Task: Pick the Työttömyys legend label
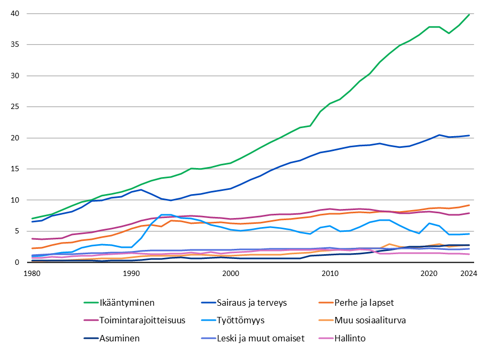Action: coord(240,320)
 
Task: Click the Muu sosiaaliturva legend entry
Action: coord(373,320)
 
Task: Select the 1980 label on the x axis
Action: coord(32,273)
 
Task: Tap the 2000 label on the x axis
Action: coord(231,273)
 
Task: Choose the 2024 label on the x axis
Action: coord(468,273)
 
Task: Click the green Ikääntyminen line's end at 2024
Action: coord(469,14)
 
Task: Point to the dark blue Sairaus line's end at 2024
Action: coord(469,136)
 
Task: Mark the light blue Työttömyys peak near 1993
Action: coord(166,215)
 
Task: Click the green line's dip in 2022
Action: coord(449,33)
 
